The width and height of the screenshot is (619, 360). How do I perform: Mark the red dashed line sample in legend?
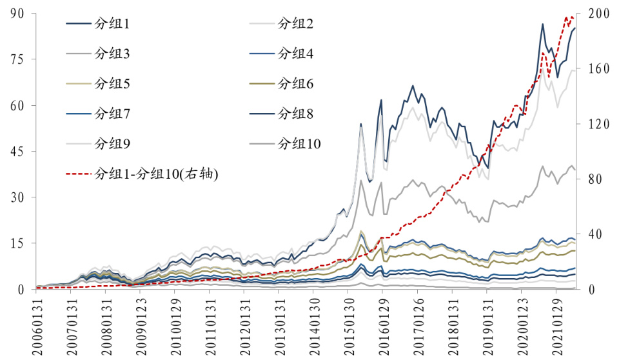[78, 173]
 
